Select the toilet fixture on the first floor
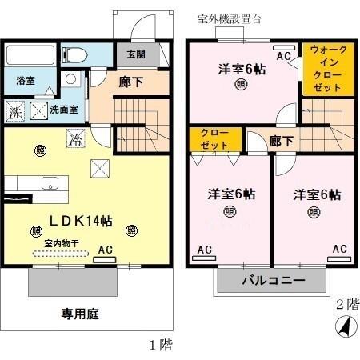76,54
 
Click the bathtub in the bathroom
31,56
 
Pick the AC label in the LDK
105,250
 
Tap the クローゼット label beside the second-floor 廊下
214,138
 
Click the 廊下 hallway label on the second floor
281,142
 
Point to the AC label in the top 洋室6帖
282,56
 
